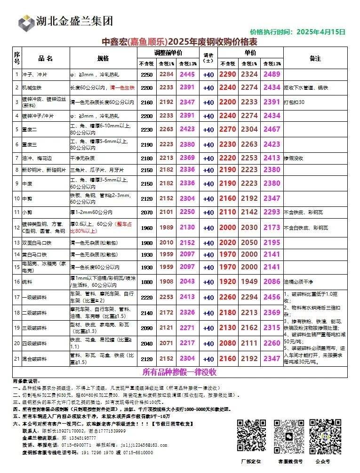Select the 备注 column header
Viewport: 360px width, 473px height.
click(315, 58)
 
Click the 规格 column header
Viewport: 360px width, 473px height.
click(103, 58)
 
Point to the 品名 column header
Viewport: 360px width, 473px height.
click(46, 58)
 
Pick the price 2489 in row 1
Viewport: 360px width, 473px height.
click(272, 74)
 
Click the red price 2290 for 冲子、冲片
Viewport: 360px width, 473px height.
click(227, 74)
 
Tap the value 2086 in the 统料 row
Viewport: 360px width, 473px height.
click(272, 282)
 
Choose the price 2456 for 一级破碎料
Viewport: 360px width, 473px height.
click(272, 297)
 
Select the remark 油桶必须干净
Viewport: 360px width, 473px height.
click(299, 282)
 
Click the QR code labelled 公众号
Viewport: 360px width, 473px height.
click(325, 435)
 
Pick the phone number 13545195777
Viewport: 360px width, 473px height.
click(75, 438)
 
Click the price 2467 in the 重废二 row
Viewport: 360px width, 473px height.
click(272, 129)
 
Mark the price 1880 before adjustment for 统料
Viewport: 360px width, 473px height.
click(147, 282)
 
